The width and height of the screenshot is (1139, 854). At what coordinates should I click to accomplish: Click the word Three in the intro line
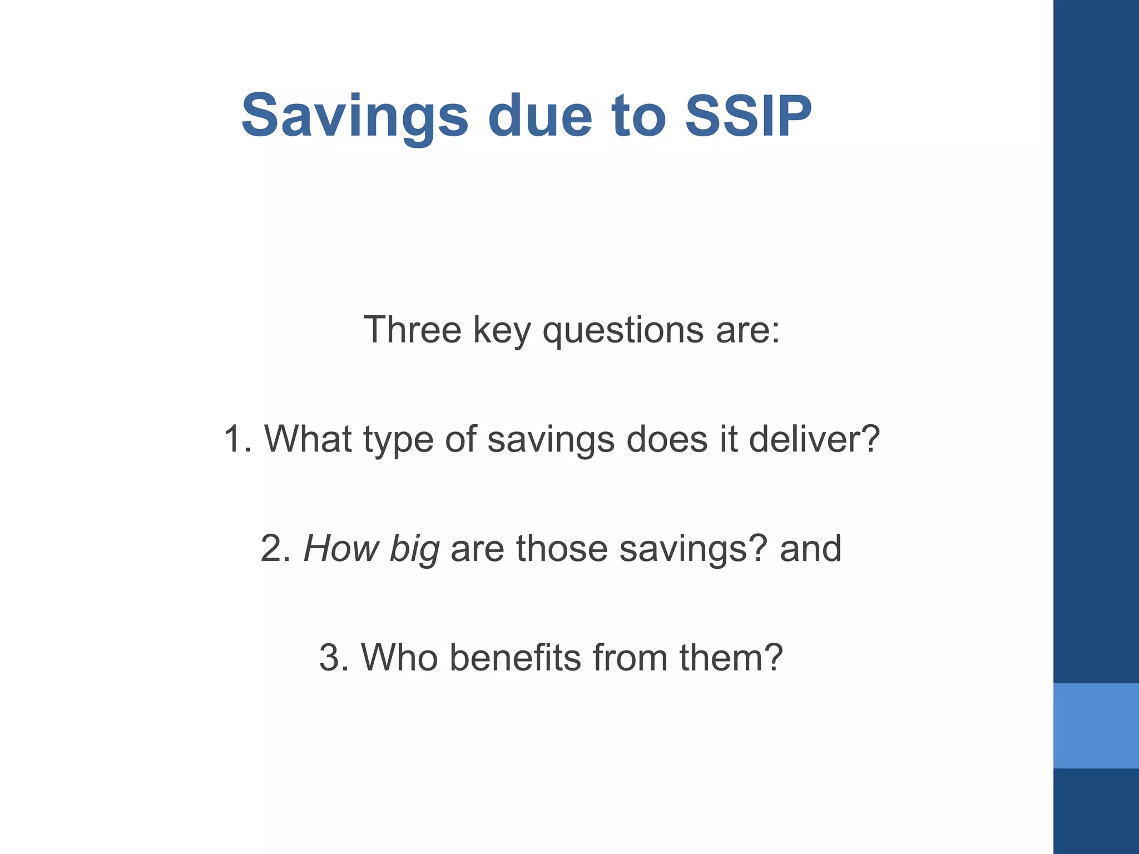coord(412,330)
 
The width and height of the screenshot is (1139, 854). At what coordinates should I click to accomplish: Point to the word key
coord(501,331)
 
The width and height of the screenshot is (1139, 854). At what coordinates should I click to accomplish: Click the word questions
coord(623,331)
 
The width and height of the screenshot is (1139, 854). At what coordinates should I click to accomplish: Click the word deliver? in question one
coord(814,439)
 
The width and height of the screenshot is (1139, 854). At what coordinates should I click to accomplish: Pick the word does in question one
coord(667,439)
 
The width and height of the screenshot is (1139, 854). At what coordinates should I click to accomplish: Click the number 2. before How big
coord(275,549)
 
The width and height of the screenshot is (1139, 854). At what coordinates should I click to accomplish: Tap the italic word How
coord(341,549)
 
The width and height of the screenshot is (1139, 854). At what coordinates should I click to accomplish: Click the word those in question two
coord(562,549)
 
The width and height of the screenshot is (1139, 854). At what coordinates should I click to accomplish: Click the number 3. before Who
coord(334,658)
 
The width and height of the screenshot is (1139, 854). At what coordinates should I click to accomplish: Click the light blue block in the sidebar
coord(1096,726)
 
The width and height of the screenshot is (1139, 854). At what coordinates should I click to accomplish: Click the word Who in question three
coord(399,658)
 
